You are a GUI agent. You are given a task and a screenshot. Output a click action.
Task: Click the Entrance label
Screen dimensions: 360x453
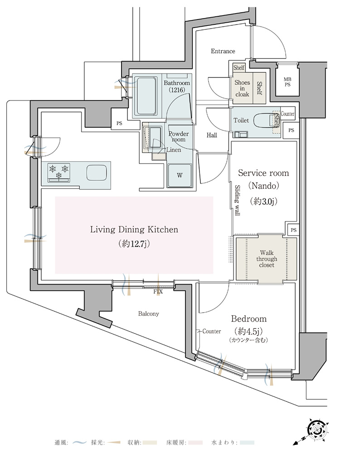pyautogui.click(x=223, y=51)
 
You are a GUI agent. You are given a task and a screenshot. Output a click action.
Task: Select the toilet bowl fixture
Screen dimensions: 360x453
pyautogui.click(x=263, y=120)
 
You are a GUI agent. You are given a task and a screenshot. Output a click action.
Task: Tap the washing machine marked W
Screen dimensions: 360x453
pyautogui.click(x=180, y=175)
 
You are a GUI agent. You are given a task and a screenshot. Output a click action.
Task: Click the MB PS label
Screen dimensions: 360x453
pyautogui.click(x=287, y=82)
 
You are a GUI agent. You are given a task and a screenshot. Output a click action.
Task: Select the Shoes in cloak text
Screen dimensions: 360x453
pyautogui.click(x=242, y=88)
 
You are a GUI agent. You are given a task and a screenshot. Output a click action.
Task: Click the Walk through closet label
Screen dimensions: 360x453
pyautogui.click(x=266, y=259)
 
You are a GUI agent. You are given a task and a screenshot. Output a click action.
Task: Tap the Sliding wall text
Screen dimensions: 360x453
pyautogui.click(x=238, y=200)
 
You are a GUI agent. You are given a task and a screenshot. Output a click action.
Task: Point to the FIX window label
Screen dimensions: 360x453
pyautogui.click(x=158, y=292)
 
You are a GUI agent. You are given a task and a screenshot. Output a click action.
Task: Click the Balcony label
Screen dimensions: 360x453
pyautogui.click(x=148, y=314)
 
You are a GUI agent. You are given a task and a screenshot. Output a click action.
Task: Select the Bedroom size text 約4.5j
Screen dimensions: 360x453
pyautogui.click(x=248, y=331)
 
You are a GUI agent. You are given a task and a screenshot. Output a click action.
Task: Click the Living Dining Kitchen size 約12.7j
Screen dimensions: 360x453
pyautogui.click(x=134, y=244)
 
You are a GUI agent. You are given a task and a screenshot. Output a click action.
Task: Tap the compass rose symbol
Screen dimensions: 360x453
pyautogui.click(x=317, y=428)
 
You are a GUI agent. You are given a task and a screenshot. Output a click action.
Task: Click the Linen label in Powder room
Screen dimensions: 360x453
pyautogui.click(x=174, y=150)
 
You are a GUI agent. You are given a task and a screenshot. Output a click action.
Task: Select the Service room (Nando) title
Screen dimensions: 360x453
pyautogui.click(x=263, y=179)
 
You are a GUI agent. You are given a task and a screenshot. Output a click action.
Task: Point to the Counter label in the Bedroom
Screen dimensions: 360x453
pyautogui.click(x=212, y=332)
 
